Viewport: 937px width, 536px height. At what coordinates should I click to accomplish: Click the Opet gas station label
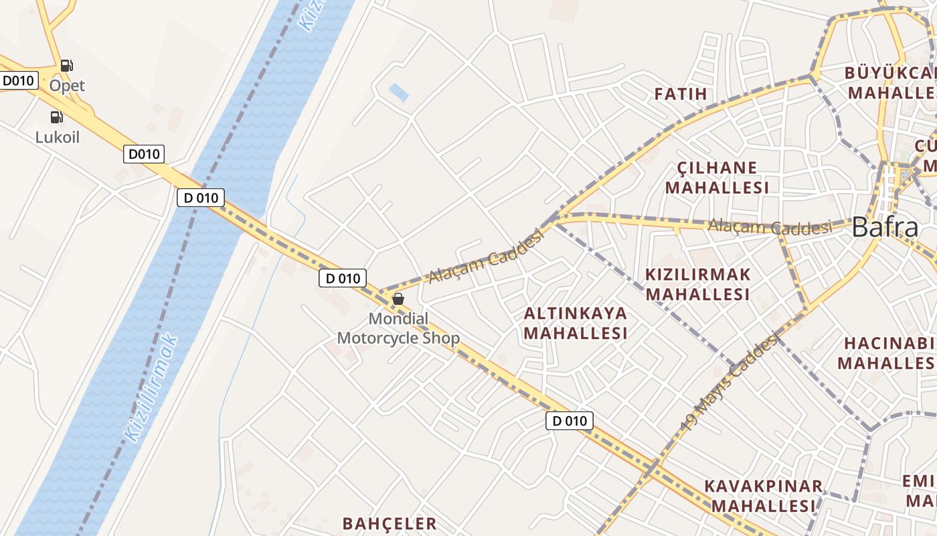(67, 86)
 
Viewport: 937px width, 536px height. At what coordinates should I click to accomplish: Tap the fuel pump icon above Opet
(66, 66)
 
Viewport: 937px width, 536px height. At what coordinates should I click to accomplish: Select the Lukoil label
(58, 137)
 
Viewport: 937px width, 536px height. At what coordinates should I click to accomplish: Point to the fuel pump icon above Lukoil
(57, 117)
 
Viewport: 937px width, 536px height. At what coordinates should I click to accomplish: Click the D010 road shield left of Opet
(17, 81)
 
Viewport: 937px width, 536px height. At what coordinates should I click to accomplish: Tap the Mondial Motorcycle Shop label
(398, 328)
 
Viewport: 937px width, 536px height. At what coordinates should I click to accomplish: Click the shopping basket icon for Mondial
(398, 299)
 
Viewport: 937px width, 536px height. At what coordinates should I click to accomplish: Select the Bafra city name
(885, 228)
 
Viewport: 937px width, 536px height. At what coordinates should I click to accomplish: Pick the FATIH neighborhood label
(681, 94)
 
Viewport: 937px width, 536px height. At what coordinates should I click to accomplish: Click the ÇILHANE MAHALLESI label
(717, 178)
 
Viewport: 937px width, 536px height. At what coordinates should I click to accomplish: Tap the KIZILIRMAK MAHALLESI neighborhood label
(697, 284)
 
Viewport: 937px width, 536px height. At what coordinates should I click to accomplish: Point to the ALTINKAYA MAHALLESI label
(576, 323)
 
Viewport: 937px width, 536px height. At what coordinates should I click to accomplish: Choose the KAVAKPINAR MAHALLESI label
(763, 496)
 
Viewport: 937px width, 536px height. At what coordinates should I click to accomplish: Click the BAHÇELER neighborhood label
(390, 523)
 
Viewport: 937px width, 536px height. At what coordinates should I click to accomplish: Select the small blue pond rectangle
(399, 92)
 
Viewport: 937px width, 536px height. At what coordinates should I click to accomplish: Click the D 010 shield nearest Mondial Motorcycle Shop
(343, 278)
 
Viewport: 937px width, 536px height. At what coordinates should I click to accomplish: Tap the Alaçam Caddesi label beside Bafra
(770, 226)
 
